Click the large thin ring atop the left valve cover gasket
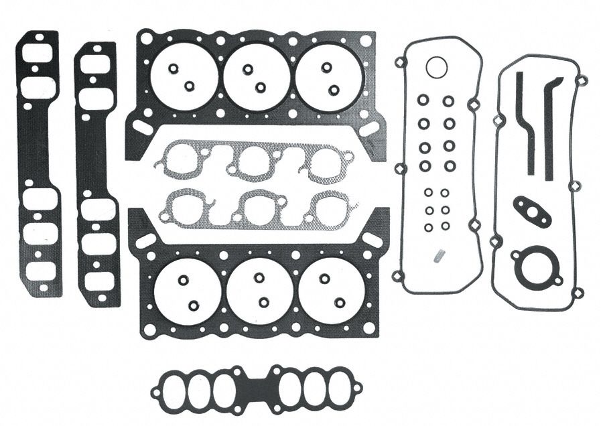tap(436, 68)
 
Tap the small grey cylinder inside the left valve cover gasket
tap(440, 254)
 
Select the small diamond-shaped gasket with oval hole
tap(532, 211)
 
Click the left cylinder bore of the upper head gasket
tap(183, 77)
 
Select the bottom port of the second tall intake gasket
tap(98, 281)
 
